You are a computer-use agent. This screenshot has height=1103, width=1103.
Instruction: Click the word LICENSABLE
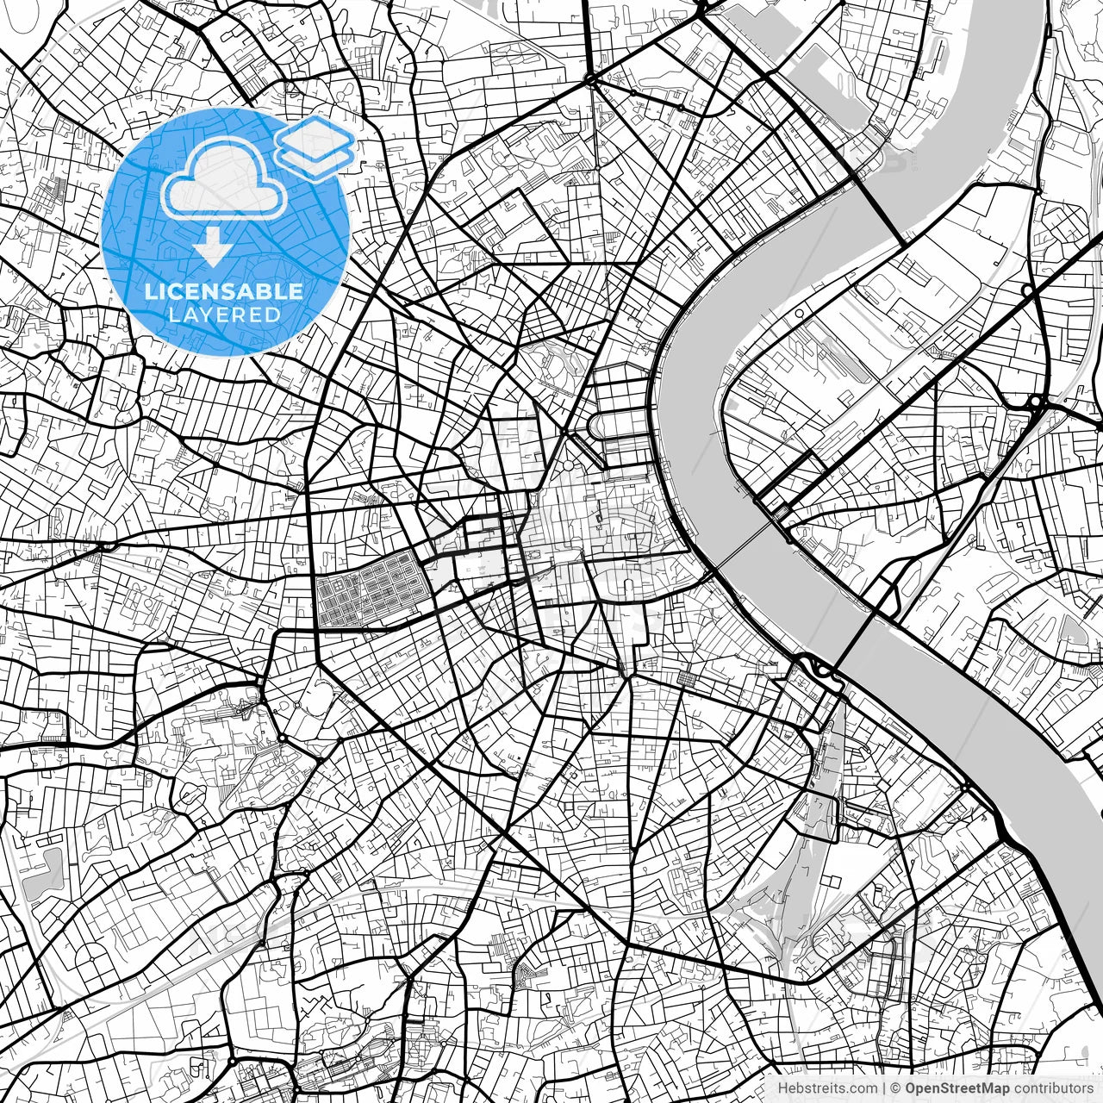click(224, 291)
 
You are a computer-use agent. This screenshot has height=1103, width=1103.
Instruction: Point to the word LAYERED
click(225, 315)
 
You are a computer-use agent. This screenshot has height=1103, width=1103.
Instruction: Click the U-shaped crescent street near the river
click(608, 427)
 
